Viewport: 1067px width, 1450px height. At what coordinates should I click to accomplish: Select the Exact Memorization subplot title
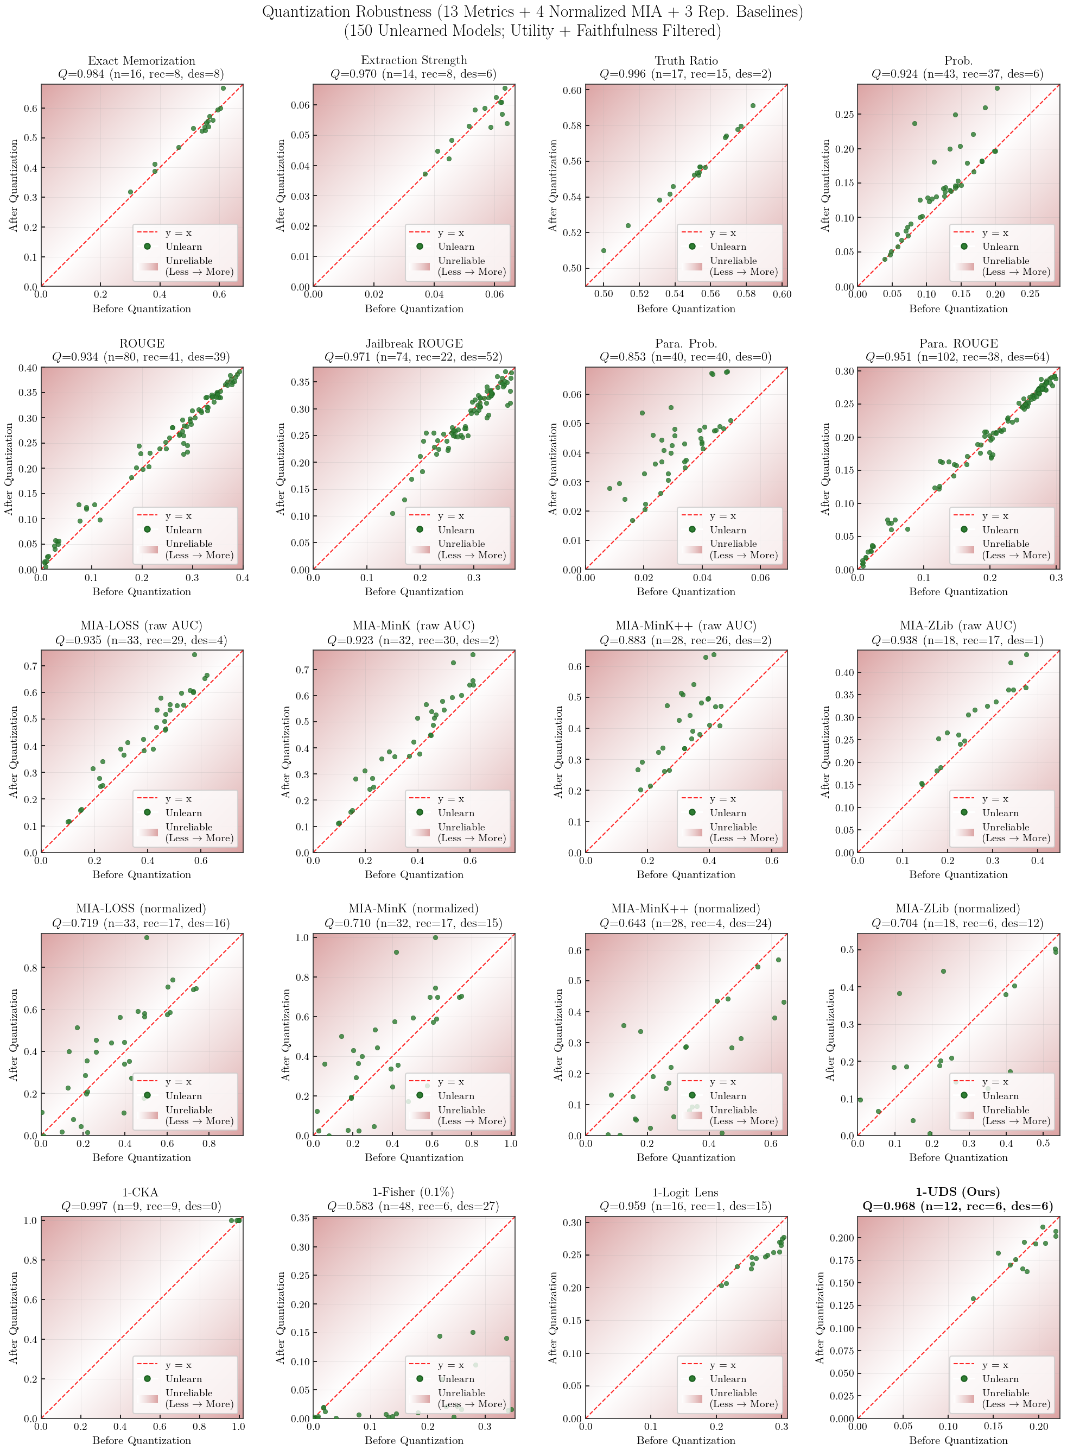142,61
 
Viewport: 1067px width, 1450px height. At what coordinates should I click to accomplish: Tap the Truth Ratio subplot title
686,61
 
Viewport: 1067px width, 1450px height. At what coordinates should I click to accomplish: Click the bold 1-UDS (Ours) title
958,1192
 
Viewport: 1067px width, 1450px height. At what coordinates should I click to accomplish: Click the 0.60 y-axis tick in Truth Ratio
573,91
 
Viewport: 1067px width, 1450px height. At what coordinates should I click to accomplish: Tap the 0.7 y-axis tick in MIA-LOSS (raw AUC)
30,666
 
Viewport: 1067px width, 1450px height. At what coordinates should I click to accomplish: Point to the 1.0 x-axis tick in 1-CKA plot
238,1427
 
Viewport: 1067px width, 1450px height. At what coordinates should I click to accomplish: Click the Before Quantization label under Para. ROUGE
958,591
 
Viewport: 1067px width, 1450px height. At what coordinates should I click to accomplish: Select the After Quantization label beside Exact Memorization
14,185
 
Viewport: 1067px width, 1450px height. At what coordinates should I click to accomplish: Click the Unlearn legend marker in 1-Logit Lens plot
692,1379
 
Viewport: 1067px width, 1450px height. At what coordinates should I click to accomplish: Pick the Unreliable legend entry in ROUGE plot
189,544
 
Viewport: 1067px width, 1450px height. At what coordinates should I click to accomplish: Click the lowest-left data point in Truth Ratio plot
604,251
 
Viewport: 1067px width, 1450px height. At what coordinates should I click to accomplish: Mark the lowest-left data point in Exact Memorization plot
130,192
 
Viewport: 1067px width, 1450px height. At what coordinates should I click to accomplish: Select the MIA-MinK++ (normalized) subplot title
686,909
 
